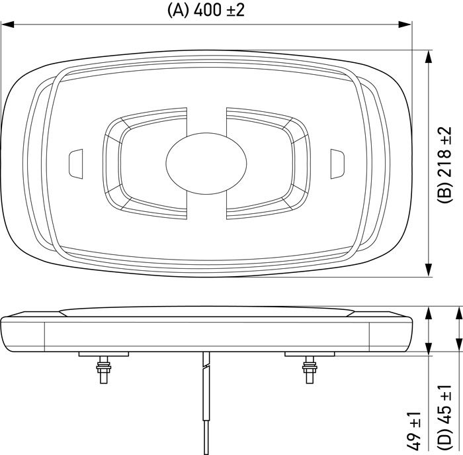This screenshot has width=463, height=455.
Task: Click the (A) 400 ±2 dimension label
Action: click(x=206, y=11)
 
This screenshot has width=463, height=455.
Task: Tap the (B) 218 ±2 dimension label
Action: click(x=444, y=164)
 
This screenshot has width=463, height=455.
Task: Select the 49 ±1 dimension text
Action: click(x=414, y=430)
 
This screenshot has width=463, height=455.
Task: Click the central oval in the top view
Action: click(x=206, y=164)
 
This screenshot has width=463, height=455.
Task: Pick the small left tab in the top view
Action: click(x=76, y=164)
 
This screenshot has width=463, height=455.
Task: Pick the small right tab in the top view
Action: click(x=337, y=164)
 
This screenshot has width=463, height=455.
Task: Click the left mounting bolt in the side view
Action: click(x=103, y=370)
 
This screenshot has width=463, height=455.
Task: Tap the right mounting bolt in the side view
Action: click(x=310, y=370)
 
